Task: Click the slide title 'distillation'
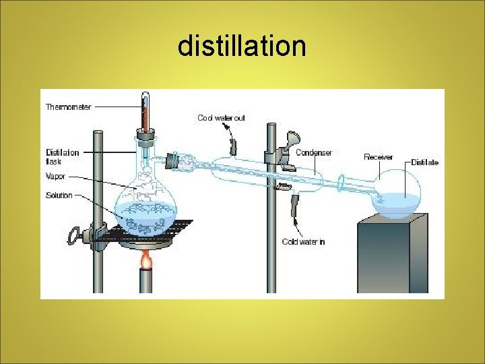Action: pos(242,47)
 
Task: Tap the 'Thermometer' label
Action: pos(68,107)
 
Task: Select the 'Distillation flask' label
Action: pos(62,156)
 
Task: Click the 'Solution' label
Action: pos(59,195)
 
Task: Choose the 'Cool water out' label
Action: pos(221,118)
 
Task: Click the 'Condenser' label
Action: pos(314,153)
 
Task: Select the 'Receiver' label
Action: pos(378,157)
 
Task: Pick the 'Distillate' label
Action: pos(425,162)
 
